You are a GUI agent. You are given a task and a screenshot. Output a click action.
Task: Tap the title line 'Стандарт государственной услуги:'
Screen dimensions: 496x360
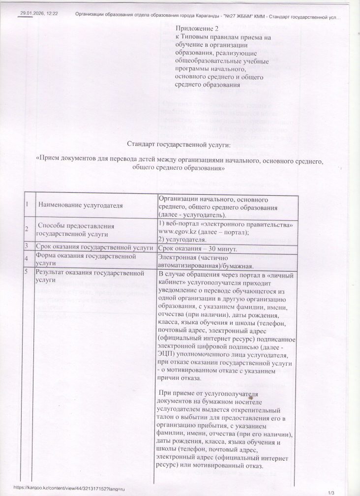coord(179,145)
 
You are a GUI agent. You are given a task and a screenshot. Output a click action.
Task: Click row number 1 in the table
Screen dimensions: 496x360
coord(27,203)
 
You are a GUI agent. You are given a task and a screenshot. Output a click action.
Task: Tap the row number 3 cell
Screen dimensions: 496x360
coord(27,245)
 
